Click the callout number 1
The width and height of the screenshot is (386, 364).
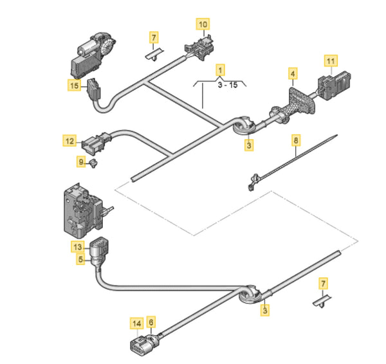pyautogui.click(x=220, y=68)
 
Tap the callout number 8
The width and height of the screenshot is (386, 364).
pyautogui.click(x=295, y=139)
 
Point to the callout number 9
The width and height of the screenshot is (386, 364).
pyautogui.click(x=81, y=162)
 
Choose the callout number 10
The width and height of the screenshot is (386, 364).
pyautogui.click(x=203, y=25)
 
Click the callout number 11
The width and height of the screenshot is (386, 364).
pyautogui.click(x=330, y=61)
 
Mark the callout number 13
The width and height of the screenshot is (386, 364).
pyautogui.click(x=78, y=246)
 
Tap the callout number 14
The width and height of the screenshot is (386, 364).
pyautogui.click(x=136, y=323)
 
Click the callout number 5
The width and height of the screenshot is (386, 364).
pyautogui.click(x=81, y=259)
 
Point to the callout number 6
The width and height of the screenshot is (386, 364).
pyautogui.click(x=151, y=323)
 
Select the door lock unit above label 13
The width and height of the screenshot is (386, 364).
pyautogui.click(x=80, y=207)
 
